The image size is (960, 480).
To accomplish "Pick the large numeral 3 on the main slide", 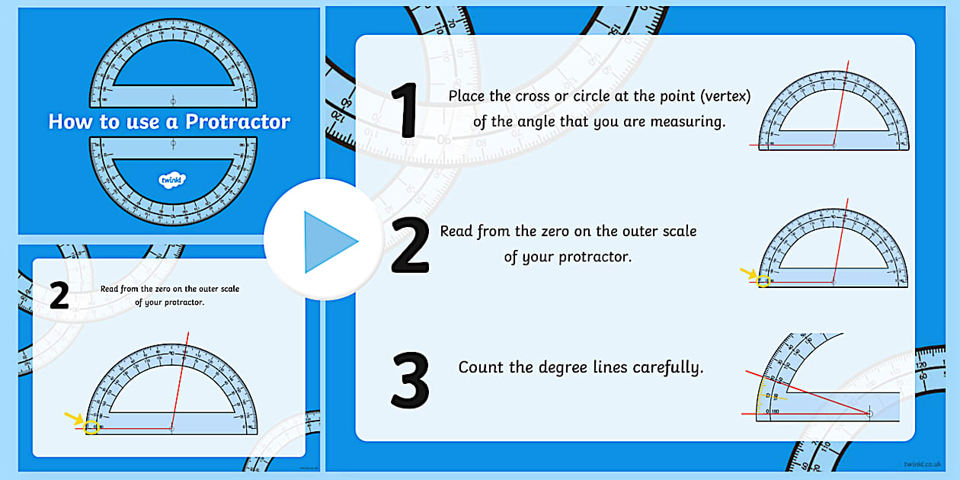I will tap(410, 378).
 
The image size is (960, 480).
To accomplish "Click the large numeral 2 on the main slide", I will tap(410, 245).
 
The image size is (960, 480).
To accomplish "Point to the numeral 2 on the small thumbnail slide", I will tap(59, 296).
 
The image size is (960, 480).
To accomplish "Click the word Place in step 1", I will tap(467, 97).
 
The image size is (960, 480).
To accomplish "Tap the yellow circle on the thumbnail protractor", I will tap(91, 427).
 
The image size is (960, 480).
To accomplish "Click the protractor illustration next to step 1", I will tap(833, 113).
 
